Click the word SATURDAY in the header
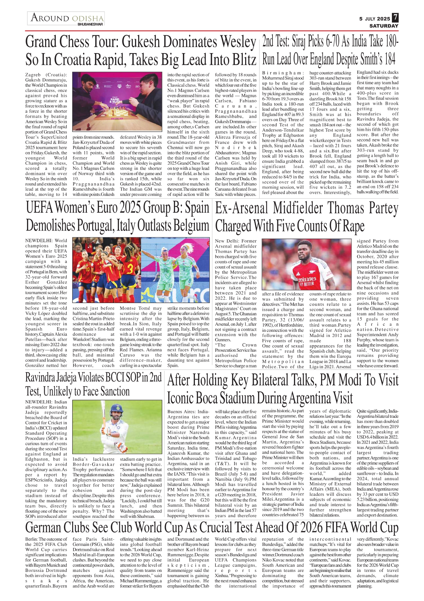[x=384, y=26]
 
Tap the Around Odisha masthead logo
[x=67, y=17]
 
